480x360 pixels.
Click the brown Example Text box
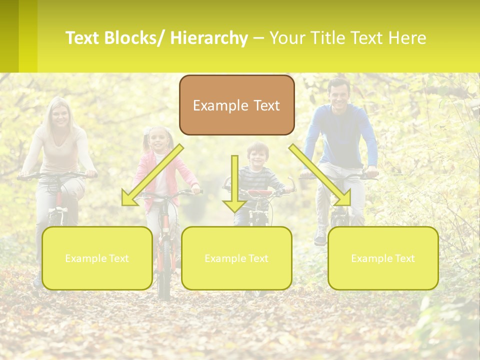click(x=236, y=105)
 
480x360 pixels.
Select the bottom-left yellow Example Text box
click(x=97, y=258)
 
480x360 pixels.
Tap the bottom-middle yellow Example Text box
click(x=236, y=258)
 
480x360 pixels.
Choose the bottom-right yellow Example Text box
click(x=383, y=258)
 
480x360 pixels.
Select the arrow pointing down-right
click(x=320, y=175)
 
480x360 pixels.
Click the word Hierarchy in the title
click(x=208, y=38)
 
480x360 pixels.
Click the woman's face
click(x=60, y=115)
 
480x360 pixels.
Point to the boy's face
click(x=258, y=157)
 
